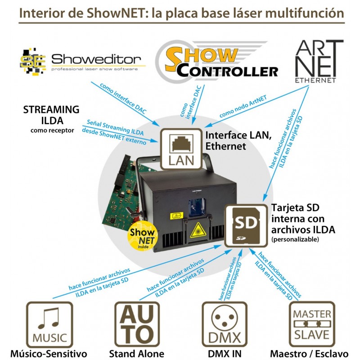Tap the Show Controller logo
pos(216,61)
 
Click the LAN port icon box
pos(181,149)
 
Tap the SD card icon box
pos(246,226)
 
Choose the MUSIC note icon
pos(49,324)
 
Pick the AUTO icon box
pos(137,324)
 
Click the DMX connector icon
pos(224,324)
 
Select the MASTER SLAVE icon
pos(312,324)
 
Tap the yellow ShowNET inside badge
pos(142,236)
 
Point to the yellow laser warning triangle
pos(198,231)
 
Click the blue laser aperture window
pos(197,207)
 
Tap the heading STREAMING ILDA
pos(51,115)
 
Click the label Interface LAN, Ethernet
pos(238,140)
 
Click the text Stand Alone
pos(137,354)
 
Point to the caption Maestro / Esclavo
pos(309,354)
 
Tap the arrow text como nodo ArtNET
pos(243,107)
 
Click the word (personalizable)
pos(295,239)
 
